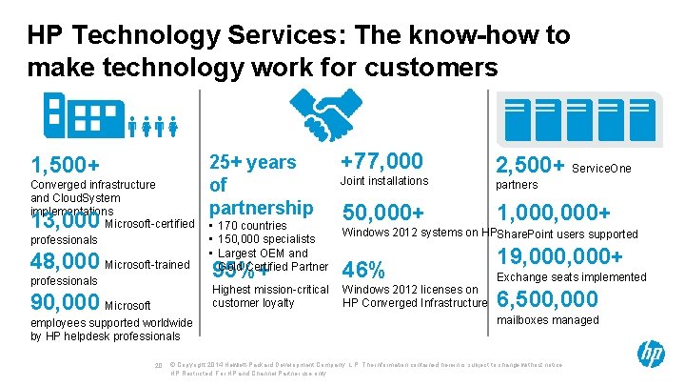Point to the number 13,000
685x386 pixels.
(x=65, y=222)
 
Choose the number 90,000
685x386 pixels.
(x=65, y=303)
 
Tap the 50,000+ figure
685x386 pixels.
(x=383, y=211)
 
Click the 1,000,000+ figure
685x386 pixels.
(x=554, y=211)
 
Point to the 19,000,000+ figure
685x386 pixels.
(x=559, y=256)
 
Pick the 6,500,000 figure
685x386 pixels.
(x=548, y=299)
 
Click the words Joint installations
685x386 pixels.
(x=385, y=181)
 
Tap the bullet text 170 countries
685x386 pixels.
(x=256, y=226)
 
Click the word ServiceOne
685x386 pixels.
(x=605, y=168)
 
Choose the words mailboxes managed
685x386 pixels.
(x=548, y=320)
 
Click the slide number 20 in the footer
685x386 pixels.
(x=158, y=365)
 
